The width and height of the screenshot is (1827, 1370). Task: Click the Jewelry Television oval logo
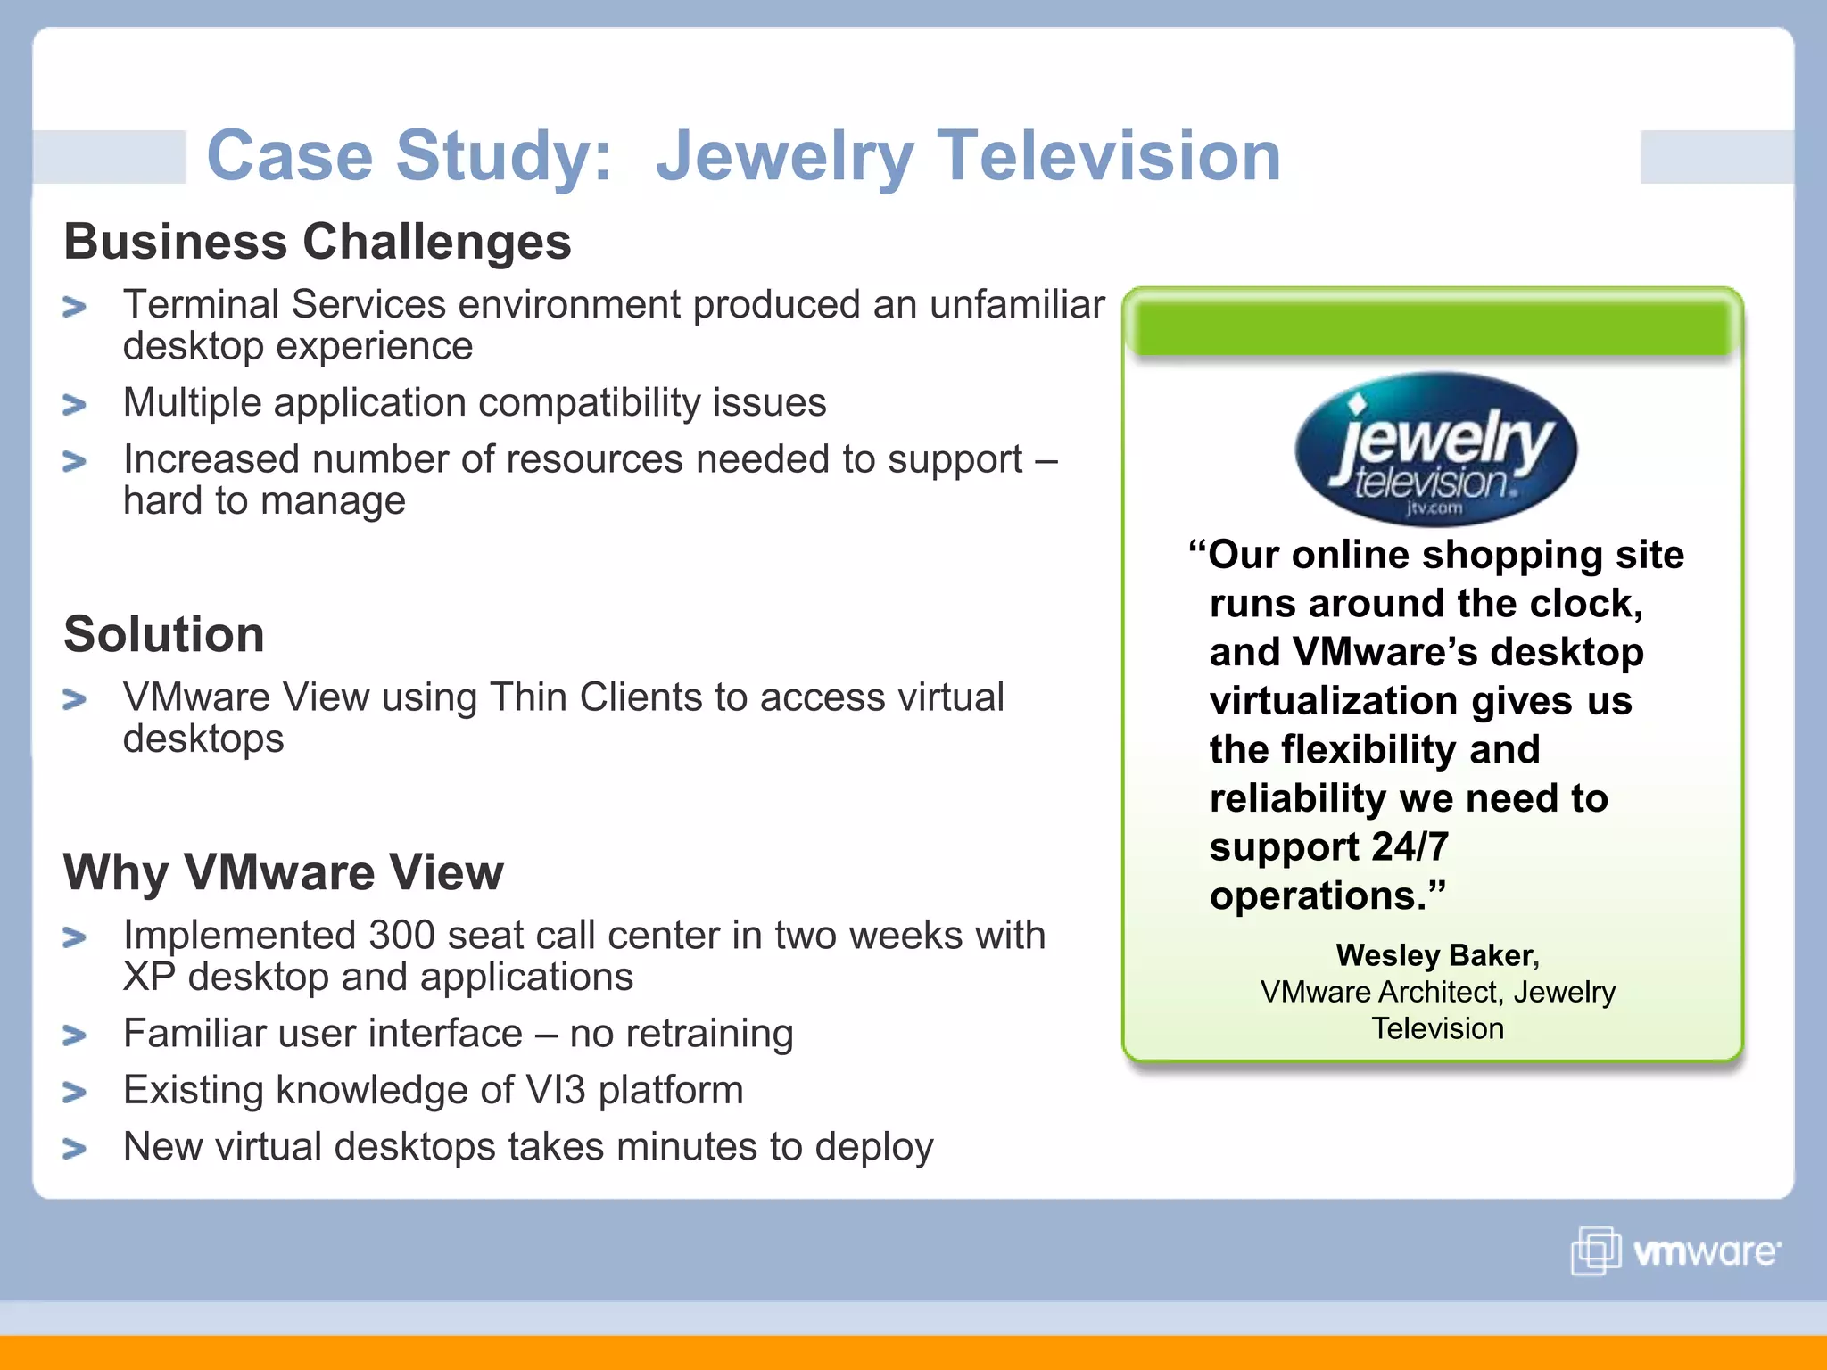click(x=1434, y=449)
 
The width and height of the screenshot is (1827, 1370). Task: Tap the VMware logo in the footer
click(x=1675, y=1250)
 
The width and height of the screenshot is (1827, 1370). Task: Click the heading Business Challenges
click(x=317, y=242)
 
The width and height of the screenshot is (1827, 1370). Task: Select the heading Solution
click(x=164, y=634)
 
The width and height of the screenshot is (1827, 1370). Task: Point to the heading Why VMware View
click(x=283, y=872)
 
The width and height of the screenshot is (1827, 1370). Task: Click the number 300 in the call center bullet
click(x=401, y=936)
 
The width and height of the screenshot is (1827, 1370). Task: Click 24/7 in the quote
click(x=1410, y=846)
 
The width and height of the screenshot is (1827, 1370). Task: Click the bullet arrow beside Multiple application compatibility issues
click(x=75, y=405)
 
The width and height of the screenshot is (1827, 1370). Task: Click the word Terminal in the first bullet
click(x=201, y=305)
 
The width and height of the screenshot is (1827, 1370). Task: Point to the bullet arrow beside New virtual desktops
click(x=75, y=1149)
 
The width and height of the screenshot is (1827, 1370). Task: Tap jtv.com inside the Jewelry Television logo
click(x=1434, y=508)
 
